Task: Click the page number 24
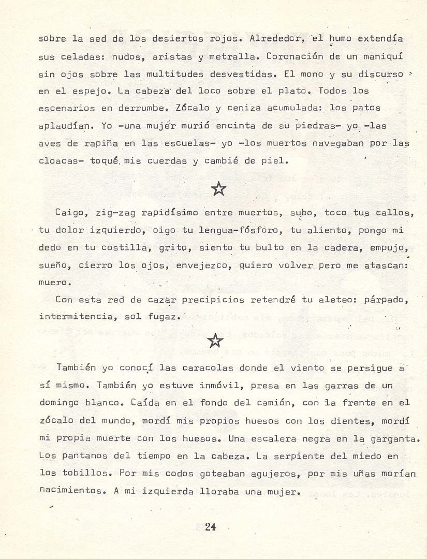(210, 527)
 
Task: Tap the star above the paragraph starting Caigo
(219, 189)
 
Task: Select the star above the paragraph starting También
(215, 340)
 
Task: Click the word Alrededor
(272, 39)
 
